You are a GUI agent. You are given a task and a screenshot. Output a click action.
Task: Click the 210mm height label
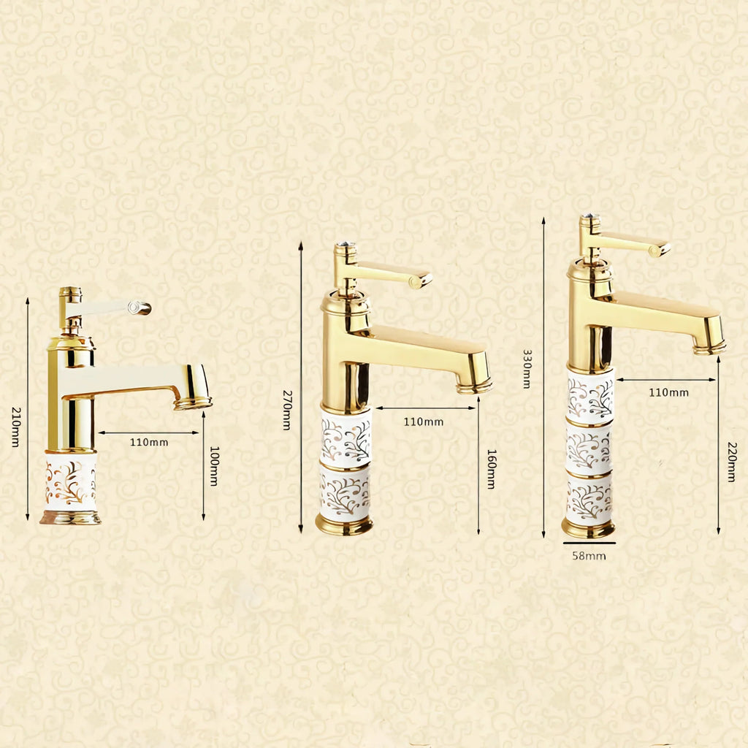tap(16, 427)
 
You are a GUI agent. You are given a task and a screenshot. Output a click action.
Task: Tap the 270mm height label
tap(286, 411)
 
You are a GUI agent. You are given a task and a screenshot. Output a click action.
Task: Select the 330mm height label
tap(527, 369)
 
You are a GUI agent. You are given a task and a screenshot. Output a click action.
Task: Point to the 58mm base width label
tap(589, 556)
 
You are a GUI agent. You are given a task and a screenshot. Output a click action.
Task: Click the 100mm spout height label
tap(214, 466)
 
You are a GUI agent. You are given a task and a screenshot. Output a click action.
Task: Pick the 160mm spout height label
tap(492, 469)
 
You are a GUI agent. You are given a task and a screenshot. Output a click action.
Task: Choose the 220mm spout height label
tap(732, 462)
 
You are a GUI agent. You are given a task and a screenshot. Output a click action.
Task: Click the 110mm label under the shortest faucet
tap(149, 442)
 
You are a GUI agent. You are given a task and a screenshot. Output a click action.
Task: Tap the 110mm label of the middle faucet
tap(424, 421)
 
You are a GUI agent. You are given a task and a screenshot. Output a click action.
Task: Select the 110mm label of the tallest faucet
tap(669, 392)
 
